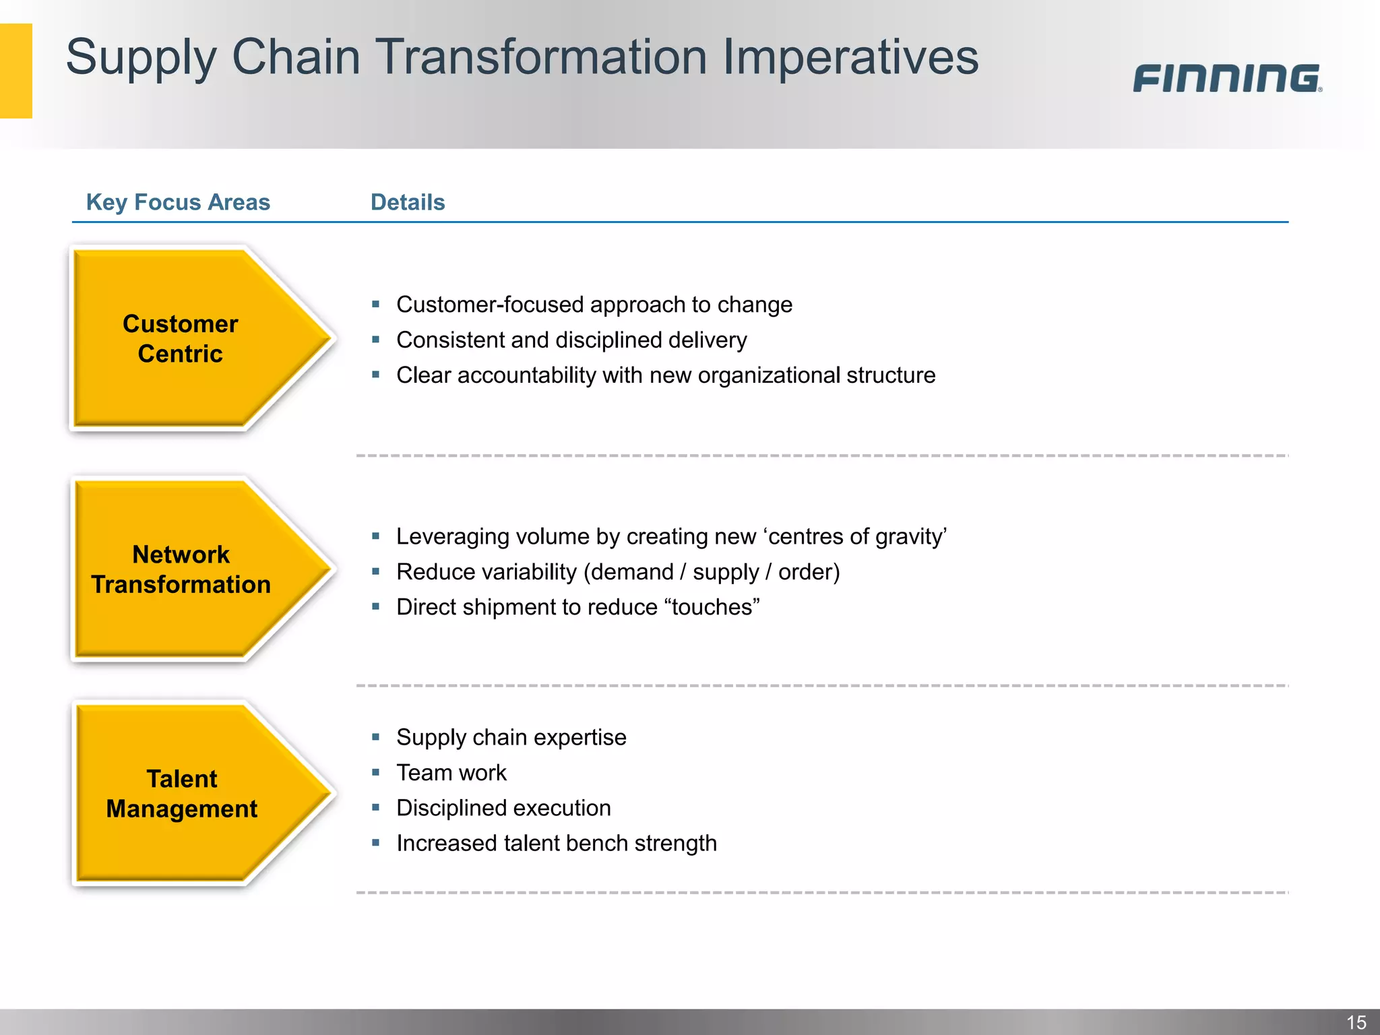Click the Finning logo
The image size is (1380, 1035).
[x=1226, y=78]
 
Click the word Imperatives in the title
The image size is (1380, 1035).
[x=850, y=57]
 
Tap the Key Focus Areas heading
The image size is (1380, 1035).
[x=178, y=202]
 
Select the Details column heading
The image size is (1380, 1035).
[x=408, y=202]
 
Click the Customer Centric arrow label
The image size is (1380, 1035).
[x=180, y=339]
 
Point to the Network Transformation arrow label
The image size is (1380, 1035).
[x=181, y=569]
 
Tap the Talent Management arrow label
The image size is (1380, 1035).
[x=181, y=794]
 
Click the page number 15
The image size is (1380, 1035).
[x=1356, y=1022]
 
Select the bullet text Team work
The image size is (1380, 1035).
[x=451, y=773]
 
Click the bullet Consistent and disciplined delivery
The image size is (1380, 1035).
[x=571, y=340]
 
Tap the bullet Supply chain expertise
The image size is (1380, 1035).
[x=511, y=737]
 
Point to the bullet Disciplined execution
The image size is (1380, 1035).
[x=503, y=808]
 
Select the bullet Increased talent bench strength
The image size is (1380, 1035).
[x=556, y=844]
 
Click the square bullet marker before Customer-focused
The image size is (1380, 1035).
[x=376, y=305]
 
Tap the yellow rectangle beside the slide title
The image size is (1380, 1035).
[x=16, y=71]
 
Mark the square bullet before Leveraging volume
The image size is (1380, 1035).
[x=376, y=536]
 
